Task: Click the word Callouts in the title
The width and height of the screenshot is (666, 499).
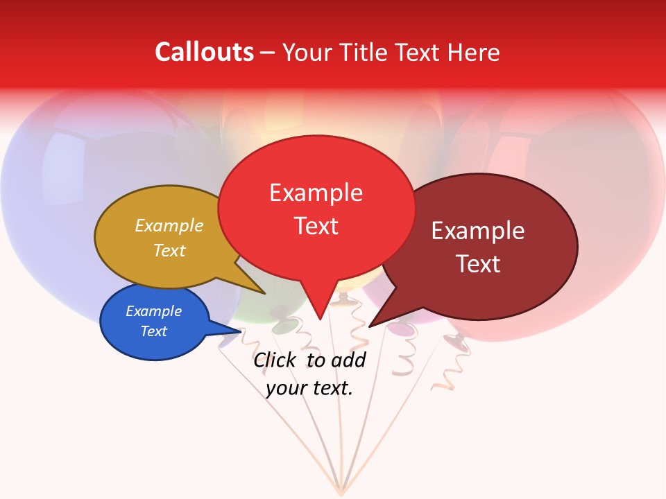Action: point(205,52)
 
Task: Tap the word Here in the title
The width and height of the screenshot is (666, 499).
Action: point(475,52)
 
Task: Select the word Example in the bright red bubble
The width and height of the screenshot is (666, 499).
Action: point(316,193)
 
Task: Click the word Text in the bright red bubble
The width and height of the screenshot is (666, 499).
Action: point(316,225)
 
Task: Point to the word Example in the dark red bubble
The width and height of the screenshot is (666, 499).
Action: point(477,231)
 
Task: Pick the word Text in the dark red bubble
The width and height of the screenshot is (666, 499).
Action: point(477,263)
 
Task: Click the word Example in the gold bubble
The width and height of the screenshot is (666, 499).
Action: point(169,225)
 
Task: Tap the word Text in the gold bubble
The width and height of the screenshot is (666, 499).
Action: point(169,250)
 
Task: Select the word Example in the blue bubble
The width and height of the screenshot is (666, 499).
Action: point(153,311)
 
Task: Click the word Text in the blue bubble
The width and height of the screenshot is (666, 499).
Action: point(153,331)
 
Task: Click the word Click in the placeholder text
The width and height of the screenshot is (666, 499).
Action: point(276,360)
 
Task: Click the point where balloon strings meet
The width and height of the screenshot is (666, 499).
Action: point(340,493)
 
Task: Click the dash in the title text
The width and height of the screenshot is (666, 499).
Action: point(268,53)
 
